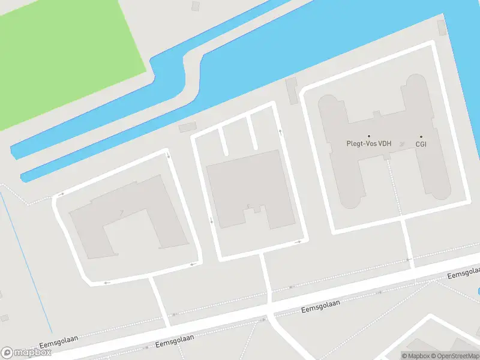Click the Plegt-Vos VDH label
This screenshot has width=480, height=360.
tap(368, 144)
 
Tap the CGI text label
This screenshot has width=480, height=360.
tap(421, 145)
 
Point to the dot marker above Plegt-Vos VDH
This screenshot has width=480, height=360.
tap(369, 136)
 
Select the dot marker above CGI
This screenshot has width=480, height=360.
tap(421, 136)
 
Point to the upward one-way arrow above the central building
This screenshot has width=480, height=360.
tap(280, 131)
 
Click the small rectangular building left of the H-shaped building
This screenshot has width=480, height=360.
tap(292, 90)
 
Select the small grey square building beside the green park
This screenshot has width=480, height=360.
tap(195, 6)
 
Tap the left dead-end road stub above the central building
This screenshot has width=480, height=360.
tap(223, 141)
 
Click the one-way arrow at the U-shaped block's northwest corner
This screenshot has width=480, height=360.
tap(61, 194)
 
